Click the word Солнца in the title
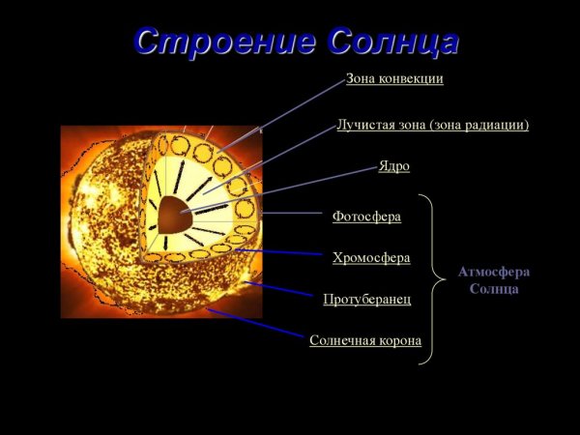(x=391, y=42)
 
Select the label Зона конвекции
(x=394, y=78)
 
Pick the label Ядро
(x=393, y=166)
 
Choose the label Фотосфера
(x=366, y=216)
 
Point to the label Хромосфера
(x=371, y=257)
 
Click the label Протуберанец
(x=367, y=299)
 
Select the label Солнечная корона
(x=365, y=340)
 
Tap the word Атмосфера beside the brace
(x=493, y=272)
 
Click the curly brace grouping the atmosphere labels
(x=427, y=279)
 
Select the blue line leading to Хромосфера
(x=280, y=252)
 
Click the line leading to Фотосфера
(x=290, y=213)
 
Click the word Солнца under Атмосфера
(x=493, y=288)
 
